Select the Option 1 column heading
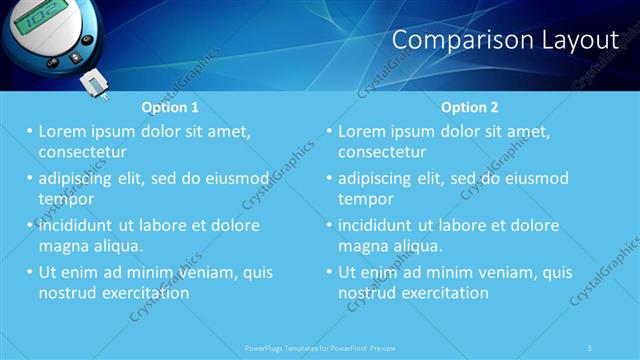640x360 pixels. tap(170, 107)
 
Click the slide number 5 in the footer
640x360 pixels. tap(590, 347)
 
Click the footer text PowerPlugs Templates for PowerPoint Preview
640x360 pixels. tap(320, 347)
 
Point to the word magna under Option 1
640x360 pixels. tap(62, 246)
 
